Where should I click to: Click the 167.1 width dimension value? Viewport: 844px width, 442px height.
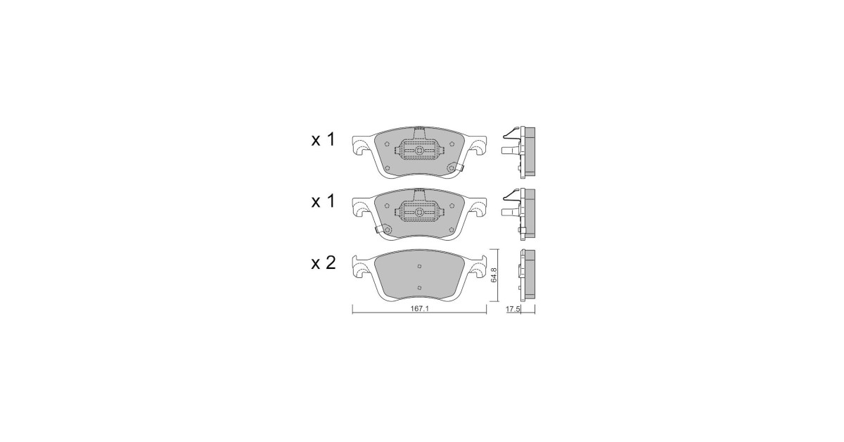(420, 308)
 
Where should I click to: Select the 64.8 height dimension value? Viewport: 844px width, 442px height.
(494, 275)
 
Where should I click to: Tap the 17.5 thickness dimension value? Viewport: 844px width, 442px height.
(513, 309)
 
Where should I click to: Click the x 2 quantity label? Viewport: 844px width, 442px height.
(324, 263)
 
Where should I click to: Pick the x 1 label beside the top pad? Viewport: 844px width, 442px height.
(323, 139)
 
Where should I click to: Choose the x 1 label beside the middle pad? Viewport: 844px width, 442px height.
(323, 201)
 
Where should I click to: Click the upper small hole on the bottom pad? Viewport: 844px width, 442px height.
(419, 266)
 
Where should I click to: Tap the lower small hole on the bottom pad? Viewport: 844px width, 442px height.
(419, 288)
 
